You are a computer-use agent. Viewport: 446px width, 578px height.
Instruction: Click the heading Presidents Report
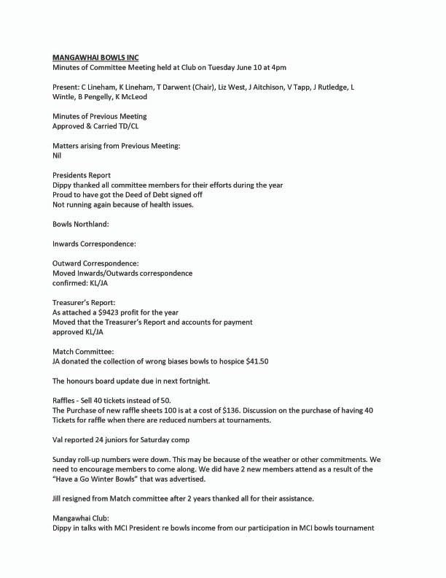tap(82, 175)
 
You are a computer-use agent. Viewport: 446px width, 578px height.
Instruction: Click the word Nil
tap(58, 155)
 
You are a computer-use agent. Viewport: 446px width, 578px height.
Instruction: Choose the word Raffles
tap(66, 400)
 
